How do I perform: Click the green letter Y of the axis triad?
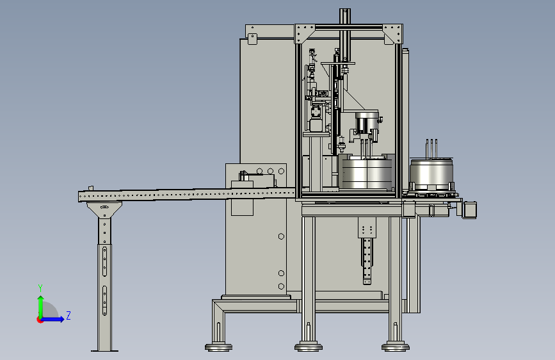click(x=40, y=288)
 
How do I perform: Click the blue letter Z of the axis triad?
click(x=68, y=315)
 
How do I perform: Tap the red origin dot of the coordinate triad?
click(x=40, y=320)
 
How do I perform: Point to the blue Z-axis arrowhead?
click(x=62, y=319)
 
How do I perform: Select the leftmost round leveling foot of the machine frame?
click(x=218, y=347)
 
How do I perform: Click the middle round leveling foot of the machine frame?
click(x=309, y=347)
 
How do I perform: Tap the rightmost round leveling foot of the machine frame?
click(x=396, y=347)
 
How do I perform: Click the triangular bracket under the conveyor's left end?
click(x=104, y=209)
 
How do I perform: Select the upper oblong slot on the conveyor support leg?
click(x=104, y=261)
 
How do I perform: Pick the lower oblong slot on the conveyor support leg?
click(x=104, y=300)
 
